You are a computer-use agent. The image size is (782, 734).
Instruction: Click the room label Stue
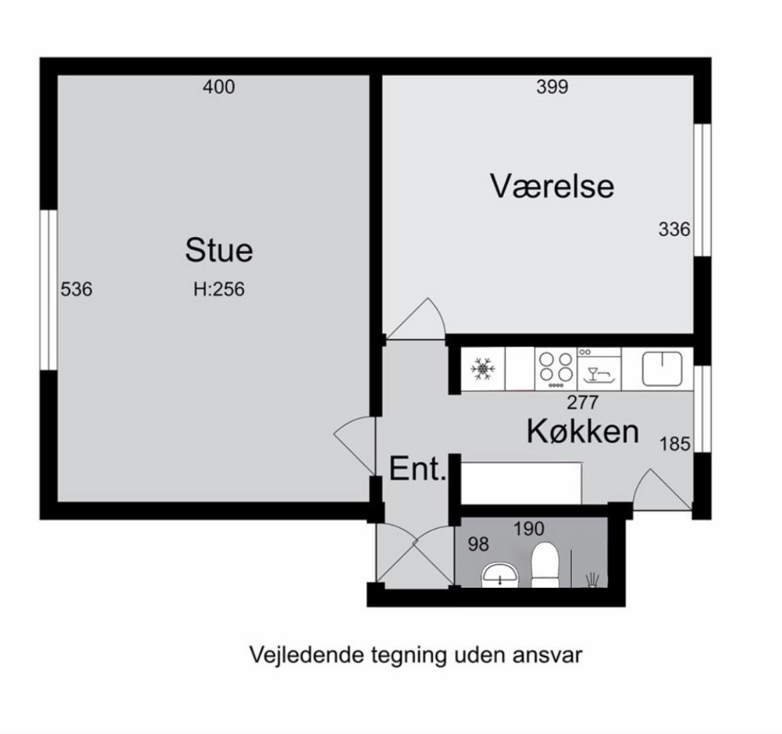tap(219, 250)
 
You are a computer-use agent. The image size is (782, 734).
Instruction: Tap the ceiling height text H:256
tap(219, 289)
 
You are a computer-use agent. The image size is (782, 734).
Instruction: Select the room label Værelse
tap(552, 186)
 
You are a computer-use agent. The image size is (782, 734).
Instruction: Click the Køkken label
tap(582, 431)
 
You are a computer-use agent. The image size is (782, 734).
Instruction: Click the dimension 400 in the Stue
tap(219, 87)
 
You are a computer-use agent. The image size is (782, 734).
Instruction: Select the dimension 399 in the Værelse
tap(552, 87)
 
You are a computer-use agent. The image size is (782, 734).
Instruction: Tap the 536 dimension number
tap(76, 289)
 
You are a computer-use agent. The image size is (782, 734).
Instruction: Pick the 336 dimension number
tap(674, 229)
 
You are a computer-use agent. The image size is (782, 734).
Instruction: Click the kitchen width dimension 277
tap(582, 402)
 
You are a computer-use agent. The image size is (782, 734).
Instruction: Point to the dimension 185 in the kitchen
tap(674, 443)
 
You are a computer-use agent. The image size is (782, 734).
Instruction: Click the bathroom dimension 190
tap(529, 529)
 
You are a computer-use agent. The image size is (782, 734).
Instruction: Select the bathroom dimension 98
tap(479, 544)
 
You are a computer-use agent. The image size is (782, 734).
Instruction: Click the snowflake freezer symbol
tap(483, 369)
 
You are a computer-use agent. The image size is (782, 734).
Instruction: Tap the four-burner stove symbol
tap(556, 368)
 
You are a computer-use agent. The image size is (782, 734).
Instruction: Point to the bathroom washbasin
tap(499, 574)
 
